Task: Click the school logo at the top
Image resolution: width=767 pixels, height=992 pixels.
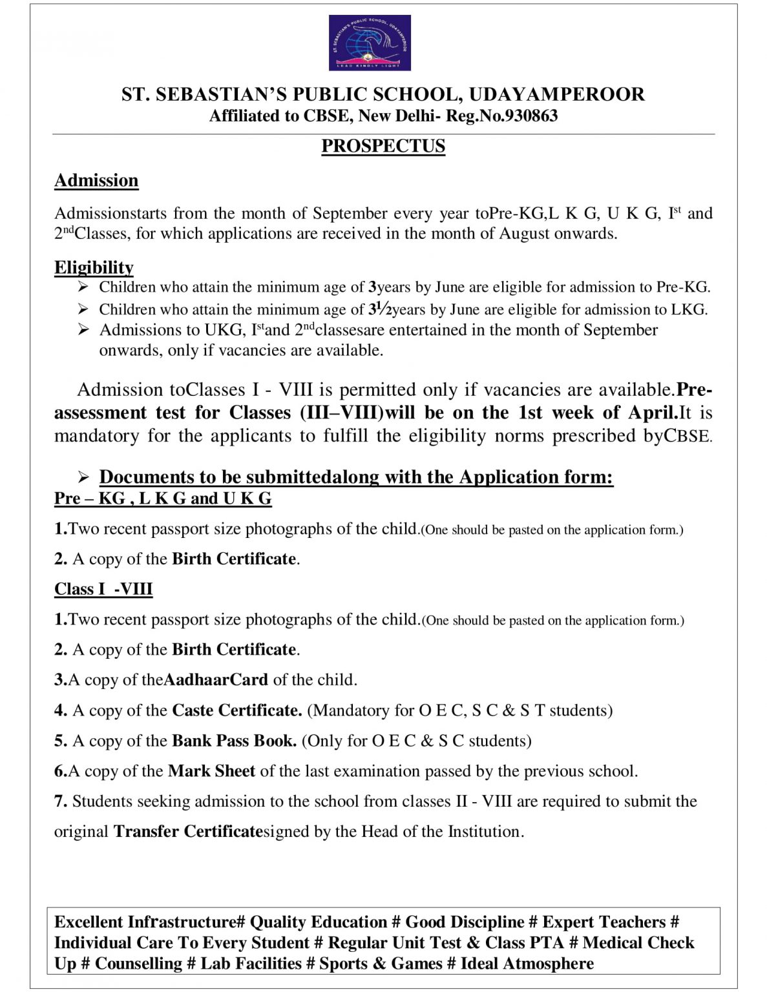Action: (370, 43)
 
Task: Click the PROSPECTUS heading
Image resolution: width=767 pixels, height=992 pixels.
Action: (383, 146)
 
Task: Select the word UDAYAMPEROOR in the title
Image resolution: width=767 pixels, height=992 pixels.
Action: (556, 94)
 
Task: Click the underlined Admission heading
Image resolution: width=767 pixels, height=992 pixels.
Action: (96, 180)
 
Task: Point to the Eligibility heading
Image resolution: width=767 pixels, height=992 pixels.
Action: (94, 267)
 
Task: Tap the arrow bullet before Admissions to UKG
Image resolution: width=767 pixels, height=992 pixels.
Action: (83, 330)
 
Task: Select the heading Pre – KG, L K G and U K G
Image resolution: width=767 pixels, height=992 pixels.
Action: (163, 498)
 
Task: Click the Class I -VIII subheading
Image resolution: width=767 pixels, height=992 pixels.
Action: (103, 589)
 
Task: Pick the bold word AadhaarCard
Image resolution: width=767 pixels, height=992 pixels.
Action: (216, 679)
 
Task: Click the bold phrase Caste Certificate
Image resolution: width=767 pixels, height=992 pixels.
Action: (236, 710)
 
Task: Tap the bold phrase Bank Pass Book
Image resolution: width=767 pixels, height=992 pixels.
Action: (234, 740)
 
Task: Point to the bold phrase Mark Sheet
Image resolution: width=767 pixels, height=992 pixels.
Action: (211, 770)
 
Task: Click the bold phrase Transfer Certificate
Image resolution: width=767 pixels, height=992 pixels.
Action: (187, 831)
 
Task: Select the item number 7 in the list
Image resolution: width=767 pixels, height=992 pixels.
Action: (60, 801)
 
